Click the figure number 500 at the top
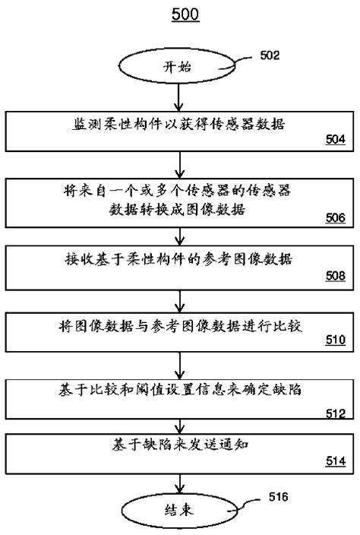click(180, 15)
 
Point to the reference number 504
click(335, 139)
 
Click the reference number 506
click(335, 217)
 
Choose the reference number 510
click(335, 340)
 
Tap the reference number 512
click(335, 414)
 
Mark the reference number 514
click(335, 461)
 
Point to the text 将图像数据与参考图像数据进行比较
click(179, 328)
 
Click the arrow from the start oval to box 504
click(179, 97)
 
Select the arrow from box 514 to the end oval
click(179, 483)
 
